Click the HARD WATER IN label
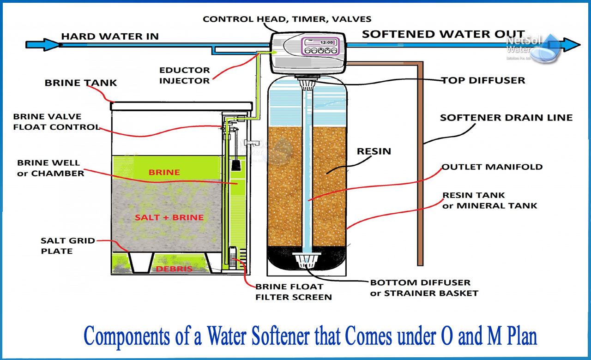click(109, 36)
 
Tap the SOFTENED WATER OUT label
click(443, 34)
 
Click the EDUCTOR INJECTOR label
click(185, 75)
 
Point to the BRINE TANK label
click(81, 83)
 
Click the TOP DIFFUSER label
click(483, 80)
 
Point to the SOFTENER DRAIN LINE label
click(506, 117)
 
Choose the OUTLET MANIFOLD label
click(492, 167)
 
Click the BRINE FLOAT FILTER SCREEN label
click(293, 292)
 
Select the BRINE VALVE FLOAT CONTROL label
click(56, 122)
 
